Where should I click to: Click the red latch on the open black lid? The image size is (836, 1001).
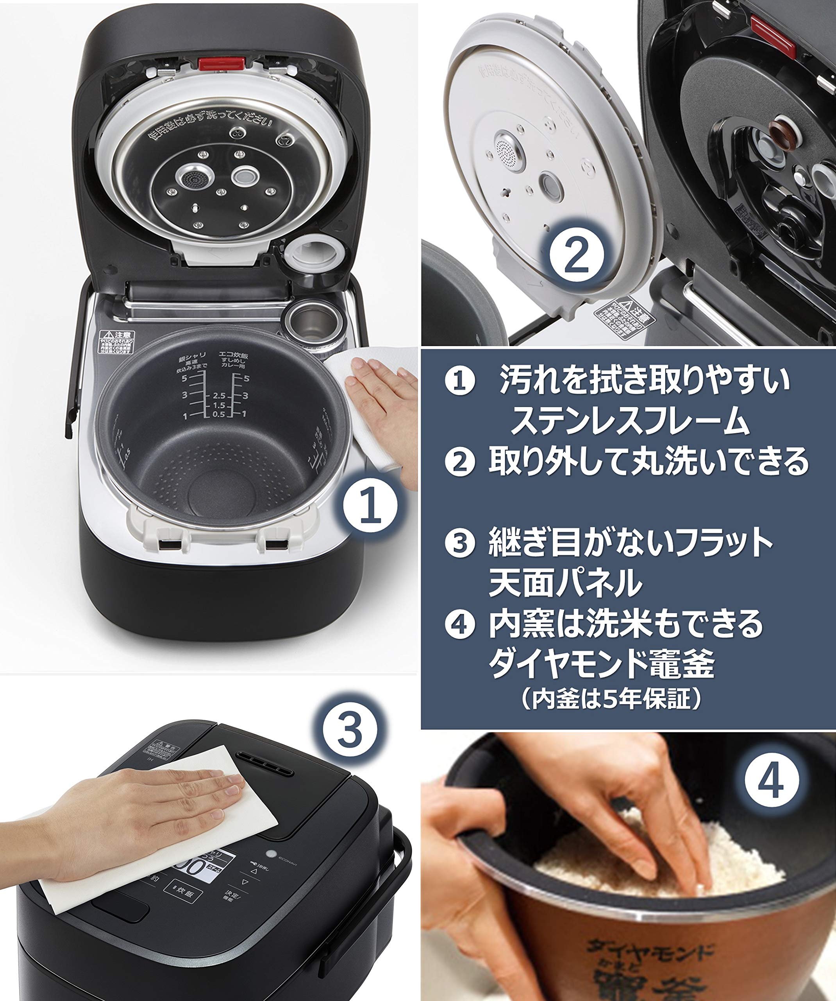222,63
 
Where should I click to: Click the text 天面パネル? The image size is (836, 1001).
565,583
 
